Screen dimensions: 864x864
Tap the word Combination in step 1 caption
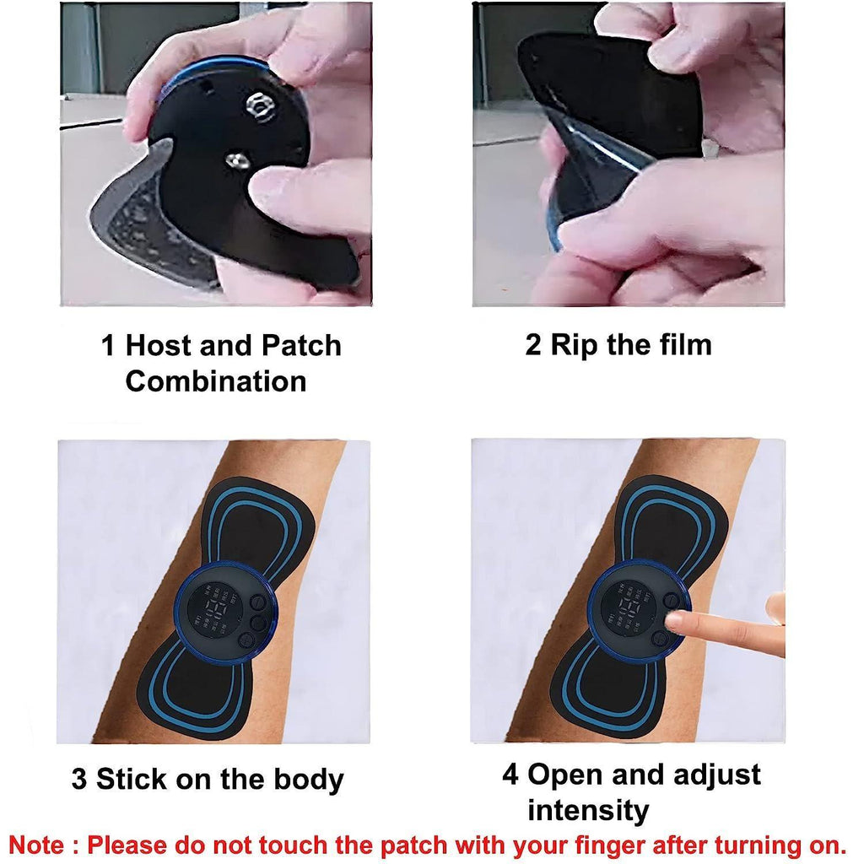point(215,381)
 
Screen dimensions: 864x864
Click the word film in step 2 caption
point(683,344)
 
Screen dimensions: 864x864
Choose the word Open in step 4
point(563,775)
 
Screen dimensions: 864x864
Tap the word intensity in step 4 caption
point(588,811)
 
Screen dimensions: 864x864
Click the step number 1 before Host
point(108,346)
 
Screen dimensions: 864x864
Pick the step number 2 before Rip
point(533,344)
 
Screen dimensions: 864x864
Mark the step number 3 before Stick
point(79,778)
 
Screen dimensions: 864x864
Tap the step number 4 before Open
point(510,775)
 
